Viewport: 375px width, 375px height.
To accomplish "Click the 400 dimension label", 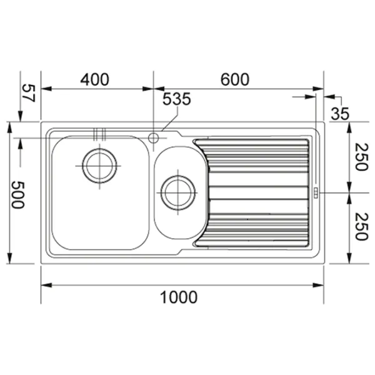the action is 95,79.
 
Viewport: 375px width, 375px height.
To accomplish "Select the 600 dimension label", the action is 234,79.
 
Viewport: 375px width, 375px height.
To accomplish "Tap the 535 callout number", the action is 177,99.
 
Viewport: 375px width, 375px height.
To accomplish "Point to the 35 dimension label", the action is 340,114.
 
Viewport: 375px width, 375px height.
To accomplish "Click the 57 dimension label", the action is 29,93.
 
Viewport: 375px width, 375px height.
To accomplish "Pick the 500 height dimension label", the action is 18,194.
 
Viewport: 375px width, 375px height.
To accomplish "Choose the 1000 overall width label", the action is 179,297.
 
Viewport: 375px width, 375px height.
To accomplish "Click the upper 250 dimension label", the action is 361,157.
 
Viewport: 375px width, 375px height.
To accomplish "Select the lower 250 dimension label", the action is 361,226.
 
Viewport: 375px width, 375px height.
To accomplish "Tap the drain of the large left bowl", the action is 99,166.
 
